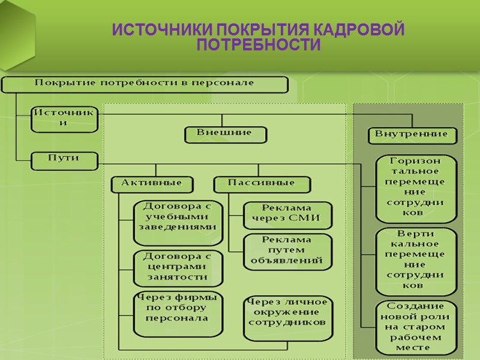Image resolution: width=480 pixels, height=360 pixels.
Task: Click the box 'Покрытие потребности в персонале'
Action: pos(145,83)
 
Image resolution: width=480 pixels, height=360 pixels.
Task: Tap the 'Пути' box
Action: pos(64,160)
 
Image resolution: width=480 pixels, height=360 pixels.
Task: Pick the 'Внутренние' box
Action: pos(412,135)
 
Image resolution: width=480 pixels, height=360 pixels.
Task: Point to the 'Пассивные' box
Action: pos(262,184)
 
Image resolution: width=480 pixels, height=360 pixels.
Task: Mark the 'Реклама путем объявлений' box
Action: pos(287,250)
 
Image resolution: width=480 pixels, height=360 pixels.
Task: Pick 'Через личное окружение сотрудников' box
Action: pos(287,313)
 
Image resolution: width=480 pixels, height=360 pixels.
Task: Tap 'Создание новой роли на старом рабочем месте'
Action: pos(415,326)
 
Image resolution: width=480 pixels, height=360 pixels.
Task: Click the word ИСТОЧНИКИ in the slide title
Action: pos(161,31)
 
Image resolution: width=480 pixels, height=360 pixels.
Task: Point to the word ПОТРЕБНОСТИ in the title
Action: pos(258,46)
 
